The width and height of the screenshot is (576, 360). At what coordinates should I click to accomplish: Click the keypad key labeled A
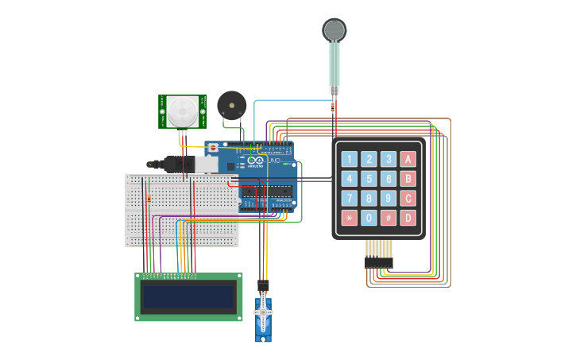pyautogui.click(x=408, y=159)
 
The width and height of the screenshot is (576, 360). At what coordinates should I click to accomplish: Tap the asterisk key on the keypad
pyautogui.click(x=350, y=217)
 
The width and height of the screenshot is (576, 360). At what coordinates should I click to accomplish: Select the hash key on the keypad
pyautogui.click(x=389, y=217)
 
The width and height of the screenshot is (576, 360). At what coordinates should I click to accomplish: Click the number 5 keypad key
pyautogui.click(x=369, y=179)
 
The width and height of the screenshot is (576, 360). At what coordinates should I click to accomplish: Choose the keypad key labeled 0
pyautogui.click(x=369, y=217)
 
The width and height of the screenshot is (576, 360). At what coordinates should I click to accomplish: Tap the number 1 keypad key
pyautogui.click(x=350, y=159)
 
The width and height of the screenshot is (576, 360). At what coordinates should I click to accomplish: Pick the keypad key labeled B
pyautogui.click(x=408, y=179)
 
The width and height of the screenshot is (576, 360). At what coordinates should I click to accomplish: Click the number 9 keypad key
pyautogui.click(x=389, y=198)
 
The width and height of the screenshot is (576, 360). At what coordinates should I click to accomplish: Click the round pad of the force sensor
pyautogui.click(x=334, y=30)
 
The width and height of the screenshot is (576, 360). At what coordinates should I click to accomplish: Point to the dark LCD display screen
pyautogui.click(x=188, y=297)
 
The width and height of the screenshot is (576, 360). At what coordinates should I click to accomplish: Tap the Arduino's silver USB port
pyautogui.click(x=206, y=164)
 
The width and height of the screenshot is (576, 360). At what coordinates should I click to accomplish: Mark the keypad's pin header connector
pyautogui.click(x=379, y=261)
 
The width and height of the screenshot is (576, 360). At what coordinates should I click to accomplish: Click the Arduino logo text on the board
pyautogui.click(x=255, y=165)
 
